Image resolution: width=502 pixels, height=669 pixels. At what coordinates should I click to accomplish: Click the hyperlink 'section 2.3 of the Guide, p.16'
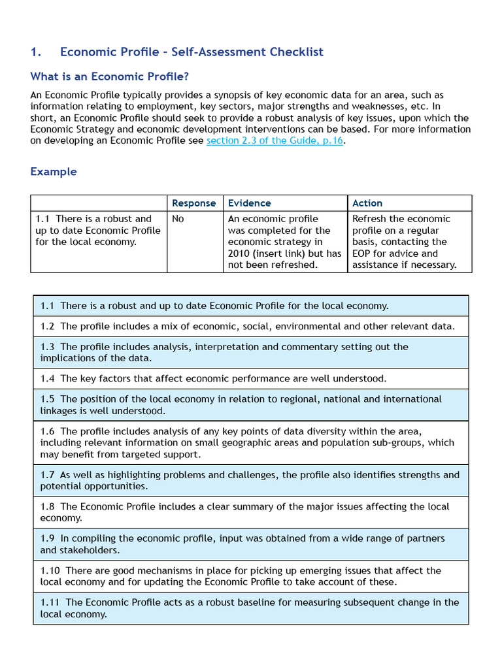click(275, 140)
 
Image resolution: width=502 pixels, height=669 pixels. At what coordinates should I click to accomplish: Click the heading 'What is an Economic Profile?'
click(110, 76)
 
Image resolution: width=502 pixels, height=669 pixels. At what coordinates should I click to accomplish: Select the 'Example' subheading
click(54, 172)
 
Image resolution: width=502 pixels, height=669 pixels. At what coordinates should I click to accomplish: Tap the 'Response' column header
click(193, 203)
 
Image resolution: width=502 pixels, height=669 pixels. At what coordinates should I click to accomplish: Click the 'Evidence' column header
click(249, 203)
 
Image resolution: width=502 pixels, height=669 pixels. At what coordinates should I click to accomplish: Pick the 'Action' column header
click(367, 203)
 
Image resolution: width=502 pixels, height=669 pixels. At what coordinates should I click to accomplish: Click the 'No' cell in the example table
click(178, 219)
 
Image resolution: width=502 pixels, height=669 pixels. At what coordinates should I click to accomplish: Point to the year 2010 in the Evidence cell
click(239, 253)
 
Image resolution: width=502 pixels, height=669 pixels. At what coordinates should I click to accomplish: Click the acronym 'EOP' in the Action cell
click(363, 253)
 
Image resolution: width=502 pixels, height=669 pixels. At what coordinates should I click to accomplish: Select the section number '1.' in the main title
click(36, 52)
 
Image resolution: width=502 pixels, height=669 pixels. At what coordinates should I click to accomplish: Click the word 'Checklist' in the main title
click(295, 52)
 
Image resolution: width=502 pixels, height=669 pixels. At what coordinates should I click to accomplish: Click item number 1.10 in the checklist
click(50, 570)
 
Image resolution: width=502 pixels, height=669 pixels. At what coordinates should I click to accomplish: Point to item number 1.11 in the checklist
click(50, 602)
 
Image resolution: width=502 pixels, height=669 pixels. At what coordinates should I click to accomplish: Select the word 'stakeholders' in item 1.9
click(93, 550)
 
